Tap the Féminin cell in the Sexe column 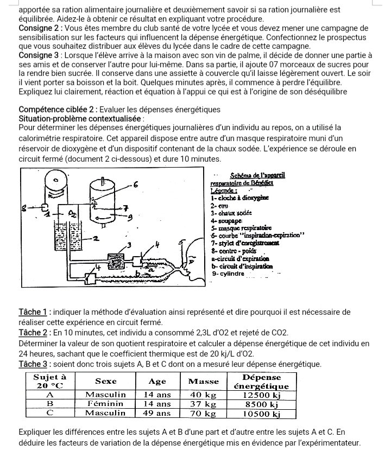point(106,403)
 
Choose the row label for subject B point(50,403)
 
